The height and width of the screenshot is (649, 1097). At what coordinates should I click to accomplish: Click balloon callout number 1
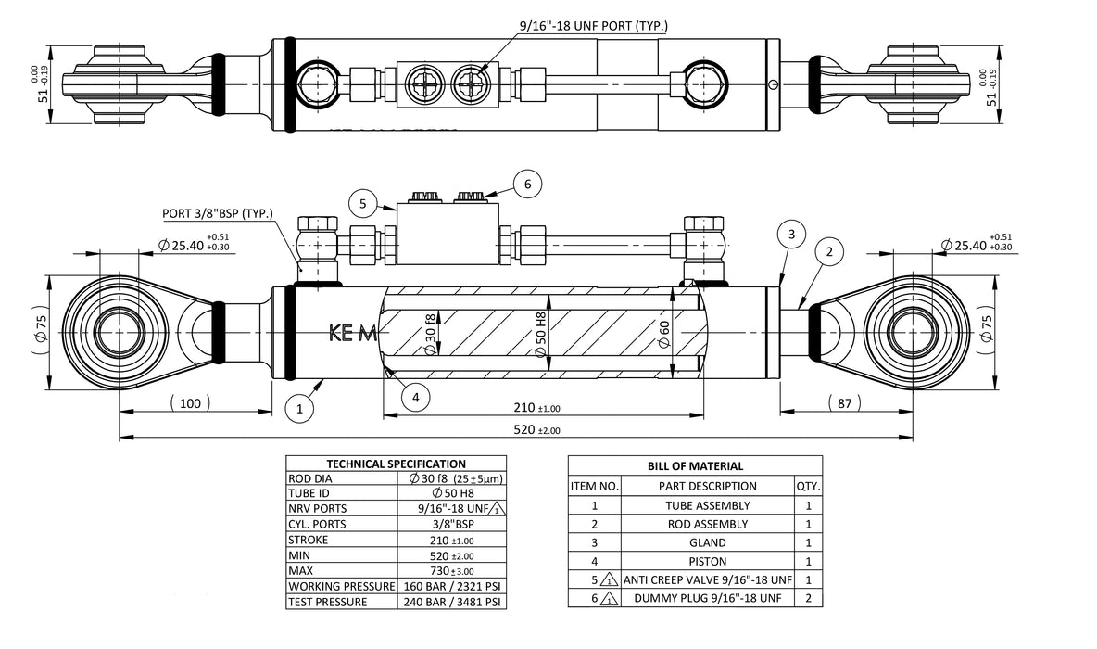click(x=299, y=407)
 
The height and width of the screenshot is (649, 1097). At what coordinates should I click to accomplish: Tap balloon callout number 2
click(x=829, y=251)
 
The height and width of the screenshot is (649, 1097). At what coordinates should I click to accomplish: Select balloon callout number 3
click(x=790, y=235)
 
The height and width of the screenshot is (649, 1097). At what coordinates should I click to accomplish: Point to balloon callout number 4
click(x=416, y=397)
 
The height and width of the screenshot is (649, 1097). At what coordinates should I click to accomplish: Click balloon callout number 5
click(x=364, y=203)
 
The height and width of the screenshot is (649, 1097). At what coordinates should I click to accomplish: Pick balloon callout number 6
click(x=527, y=185)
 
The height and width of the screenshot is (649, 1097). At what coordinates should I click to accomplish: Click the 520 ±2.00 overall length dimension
click(x=536, y=429)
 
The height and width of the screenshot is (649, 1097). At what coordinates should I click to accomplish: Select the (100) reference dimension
click(x=190, y=403)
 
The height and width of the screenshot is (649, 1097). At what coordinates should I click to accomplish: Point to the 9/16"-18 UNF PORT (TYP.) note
click(x=594, y=27)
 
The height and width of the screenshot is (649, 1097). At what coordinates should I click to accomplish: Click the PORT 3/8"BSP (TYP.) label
click(x=218, y=214)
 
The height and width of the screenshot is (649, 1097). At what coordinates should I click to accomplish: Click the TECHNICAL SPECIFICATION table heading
click(x=397, y=464)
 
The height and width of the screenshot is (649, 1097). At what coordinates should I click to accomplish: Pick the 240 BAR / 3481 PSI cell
click(x=452, y=602)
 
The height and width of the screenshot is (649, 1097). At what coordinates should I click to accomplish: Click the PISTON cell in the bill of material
click(x=708, y=561)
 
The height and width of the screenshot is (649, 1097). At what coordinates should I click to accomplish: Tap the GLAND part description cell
click(x=708, y=542)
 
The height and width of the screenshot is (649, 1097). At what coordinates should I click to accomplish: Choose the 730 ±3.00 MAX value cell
click(x=452, y=570)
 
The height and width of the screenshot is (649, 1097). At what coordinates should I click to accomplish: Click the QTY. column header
click(x=808, y=486)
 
